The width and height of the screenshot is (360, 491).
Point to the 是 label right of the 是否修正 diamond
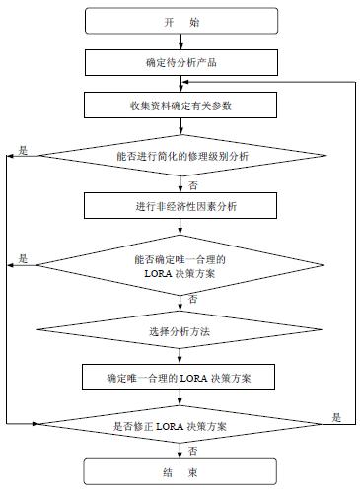pyautogui.click(x=336, y=418)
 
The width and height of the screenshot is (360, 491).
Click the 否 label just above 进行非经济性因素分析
pyautogui.click(x=191, y=183)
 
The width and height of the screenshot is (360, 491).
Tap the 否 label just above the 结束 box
pyautogui.click(x=191, y=450)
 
